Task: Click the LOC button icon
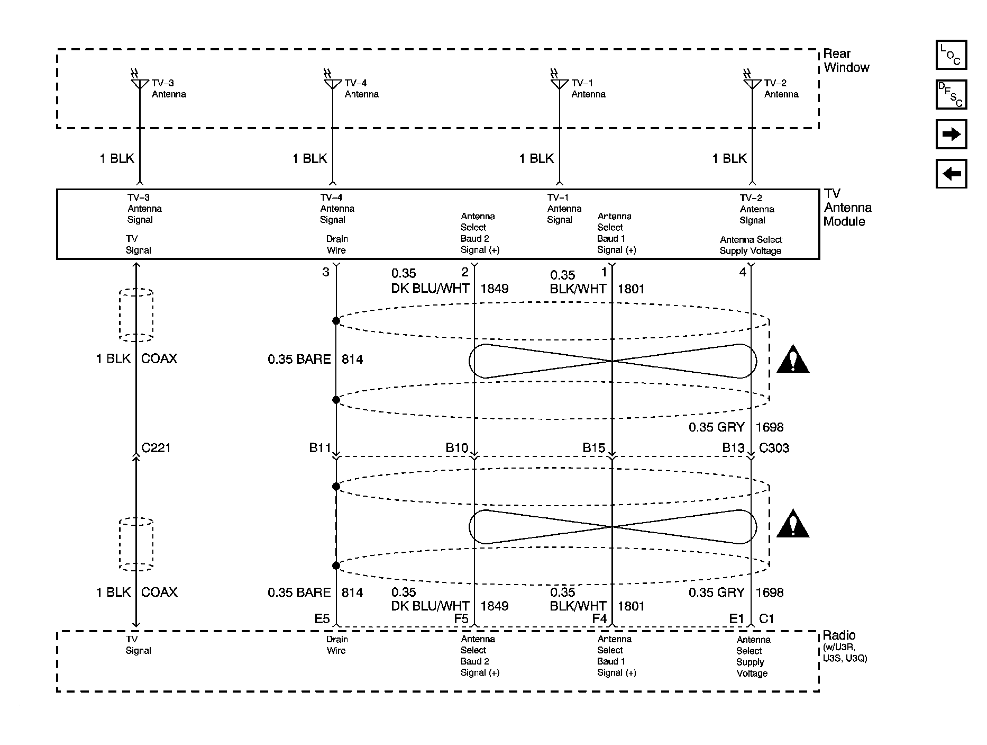click(x=951, y=55)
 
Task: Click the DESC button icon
click(x=951, y=95)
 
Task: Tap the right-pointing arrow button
click(x=951, y=134)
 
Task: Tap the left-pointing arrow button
click(x=951, y=174)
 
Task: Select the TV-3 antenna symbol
click(x=140, y=84)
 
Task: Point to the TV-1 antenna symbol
click(x=559, y=84)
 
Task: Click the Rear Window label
click(x=846, y=60)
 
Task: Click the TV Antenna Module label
click(x=847, y=208)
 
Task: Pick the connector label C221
click(x=156, y=448)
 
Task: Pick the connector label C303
click(x=774, y=448)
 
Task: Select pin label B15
click(x=593, y=448)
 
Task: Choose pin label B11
click(x=319, y=448)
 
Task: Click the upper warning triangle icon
click(x=792, y=361)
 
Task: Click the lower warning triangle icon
click(x=792, y=525)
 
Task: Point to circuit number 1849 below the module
click(x=494, y=289)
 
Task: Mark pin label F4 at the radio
click(x=599, y=618)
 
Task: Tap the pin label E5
click(x=322, y=618)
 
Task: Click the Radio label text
click(x=839, y=635)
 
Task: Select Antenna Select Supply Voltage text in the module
click(x=751, y=245)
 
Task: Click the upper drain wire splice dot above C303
click(x=336, y=321)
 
